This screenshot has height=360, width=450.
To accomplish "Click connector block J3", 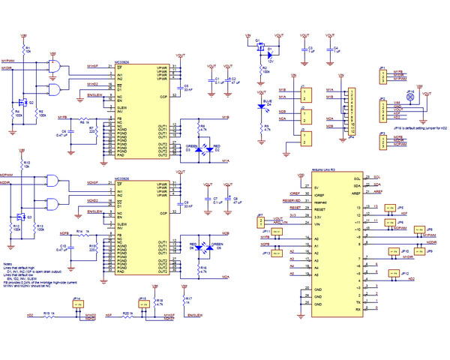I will pos(304,136).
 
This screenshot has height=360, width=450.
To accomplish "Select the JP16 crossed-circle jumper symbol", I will pos(409,97).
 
